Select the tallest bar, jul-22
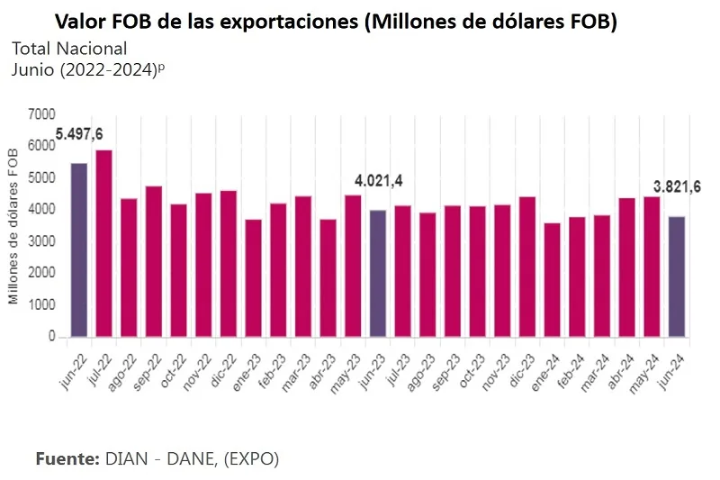(103, 243)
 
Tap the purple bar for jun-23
(378, 274)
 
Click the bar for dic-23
(527, 267)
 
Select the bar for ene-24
(552, 280)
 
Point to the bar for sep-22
(154, 262)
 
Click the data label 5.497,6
(79, 134)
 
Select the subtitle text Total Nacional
(69, 49)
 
